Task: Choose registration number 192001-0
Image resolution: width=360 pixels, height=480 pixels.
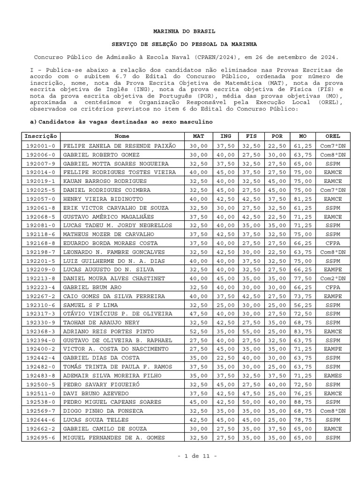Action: click(41, 146)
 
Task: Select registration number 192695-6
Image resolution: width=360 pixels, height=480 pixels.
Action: click(41, 438)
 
